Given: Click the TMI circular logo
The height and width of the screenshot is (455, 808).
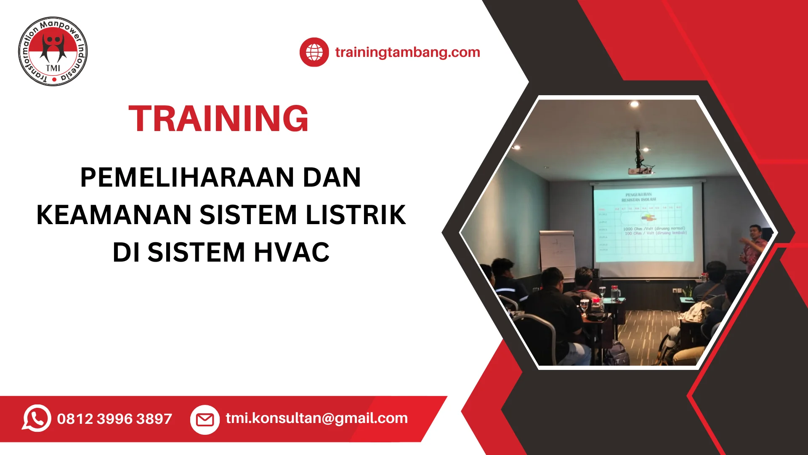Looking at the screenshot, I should [53, 51].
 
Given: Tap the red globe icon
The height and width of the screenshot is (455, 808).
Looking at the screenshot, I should [314, 52].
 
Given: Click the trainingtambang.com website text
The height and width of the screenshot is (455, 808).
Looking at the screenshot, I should [407, 52].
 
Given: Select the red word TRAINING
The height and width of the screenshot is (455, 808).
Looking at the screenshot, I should [218, 119].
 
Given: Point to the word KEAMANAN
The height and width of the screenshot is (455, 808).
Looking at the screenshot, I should [114, 215].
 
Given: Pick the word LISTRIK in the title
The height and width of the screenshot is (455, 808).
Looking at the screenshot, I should [356, 215].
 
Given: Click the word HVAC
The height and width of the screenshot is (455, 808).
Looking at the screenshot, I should [292, 252].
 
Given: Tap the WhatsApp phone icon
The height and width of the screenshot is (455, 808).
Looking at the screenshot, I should [37, 418].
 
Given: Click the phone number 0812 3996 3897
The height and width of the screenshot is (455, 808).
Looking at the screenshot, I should [114, 419].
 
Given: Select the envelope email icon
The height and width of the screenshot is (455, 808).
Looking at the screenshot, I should [205, 419].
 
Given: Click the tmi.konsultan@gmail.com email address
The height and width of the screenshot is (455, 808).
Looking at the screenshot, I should [316, 418].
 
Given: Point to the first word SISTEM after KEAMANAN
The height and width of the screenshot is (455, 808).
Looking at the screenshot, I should [248, 215].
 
